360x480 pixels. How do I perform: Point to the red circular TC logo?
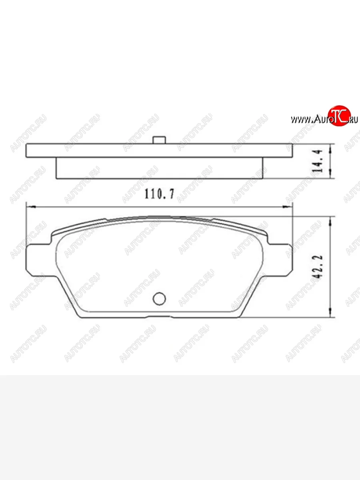(339, 116)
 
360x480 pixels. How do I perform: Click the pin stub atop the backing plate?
(159, 140)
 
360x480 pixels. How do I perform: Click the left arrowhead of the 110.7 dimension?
(29, 207)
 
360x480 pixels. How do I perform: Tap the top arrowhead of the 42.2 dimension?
(331, 220)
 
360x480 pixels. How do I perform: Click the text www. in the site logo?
(301, 119)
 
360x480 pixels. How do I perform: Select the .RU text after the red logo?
(353, 119)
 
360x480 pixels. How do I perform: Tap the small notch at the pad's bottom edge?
(160, 317)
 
